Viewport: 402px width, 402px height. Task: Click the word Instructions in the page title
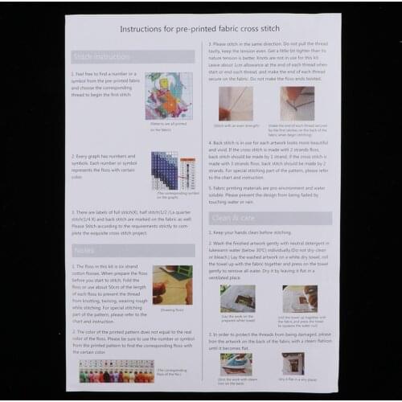[x=142, y=28]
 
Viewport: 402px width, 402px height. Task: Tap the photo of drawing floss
[x=172, y=285]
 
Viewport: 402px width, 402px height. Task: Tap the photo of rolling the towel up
[x=300, y=298]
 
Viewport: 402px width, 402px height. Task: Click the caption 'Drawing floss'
[x=172, y=309]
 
